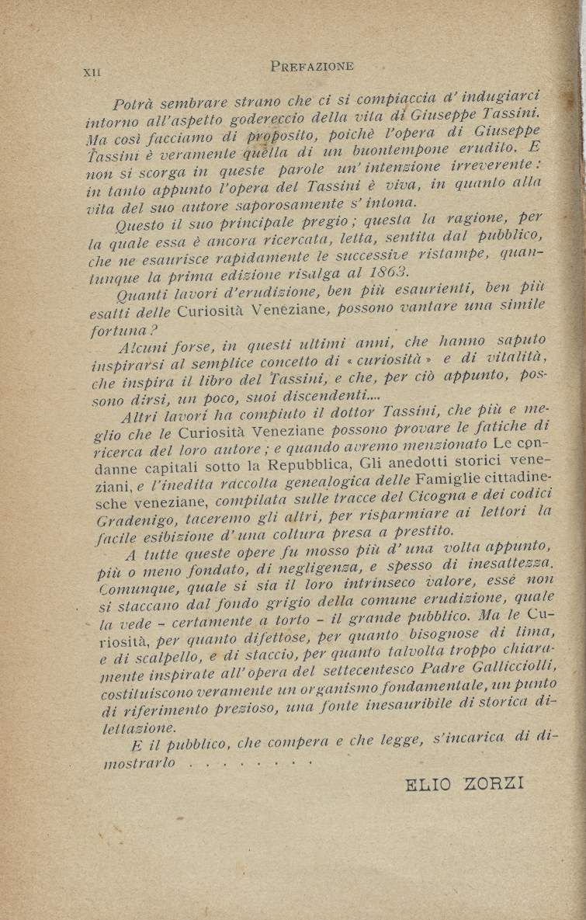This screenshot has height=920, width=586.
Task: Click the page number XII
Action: click(x=92, y=73)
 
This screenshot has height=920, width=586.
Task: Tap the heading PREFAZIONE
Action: click(x=313, y=66)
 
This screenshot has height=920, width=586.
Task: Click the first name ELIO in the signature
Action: click(x=430, y=783)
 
